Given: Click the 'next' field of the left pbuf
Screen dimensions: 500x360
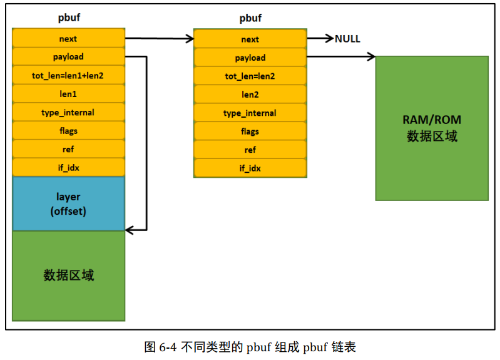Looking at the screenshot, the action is pyautogui.click(x=68, y=38).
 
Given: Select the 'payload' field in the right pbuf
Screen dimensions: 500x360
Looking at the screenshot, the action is pyautogui.click(x=250, y=58).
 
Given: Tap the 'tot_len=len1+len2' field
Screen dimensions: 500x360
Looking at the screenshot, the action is pyautogui.click(x=68, y=75).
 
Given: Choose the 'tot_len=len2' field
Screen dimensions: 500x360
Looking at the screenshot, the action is pyautogui.click(x=250, y=76).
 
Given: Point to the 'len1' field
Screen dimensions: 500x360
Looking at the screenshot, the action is pyautogui.click(x=68, y=94).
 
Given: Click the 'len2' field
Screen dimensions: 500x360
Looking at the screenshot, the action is pyautogui.click(x=250, y=95).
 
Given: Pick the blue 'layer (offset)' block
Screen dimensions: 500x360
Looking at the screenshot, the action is pyautogui.click(x=68, y=203).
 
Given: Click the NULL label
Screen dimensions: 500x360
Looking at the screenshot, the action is pyautogui.click(x=347, y=39).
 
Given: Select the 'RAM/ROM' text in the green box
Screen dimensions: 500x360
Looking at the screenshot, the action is pyautogui.click(x=432, y=120).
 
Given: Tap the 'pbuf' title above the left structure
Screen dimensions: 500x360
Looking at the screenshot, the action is pyautogui.click(x=69, y=18).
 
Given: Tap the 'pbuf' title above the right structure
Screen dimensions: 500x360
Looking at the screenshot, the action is pyautogui.click(x=250, y=18).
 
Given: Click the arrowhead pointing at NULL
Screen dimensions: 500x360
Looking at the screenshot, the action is pyautogui.click(x=330, y=38).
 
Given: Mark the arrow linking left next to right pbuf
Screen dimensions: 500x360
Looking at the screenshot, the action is pyautogui.click(x=160, y=39).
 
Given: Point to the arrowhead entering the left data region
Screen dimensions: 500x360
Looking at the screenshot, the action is pyautogui.click(x=129, y=230).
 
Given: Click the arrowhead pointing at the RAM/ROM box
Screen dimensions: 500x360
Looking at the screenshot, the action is pyautogui.click(x=372, y=56).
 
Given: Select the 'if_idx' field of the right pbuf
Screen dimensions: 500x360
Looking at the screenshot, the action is pyautogui.click(x=250, y=168).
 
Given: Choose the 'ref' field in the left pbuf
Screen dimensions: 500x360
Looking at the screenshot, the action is pyautogui.click(x=68, y=149).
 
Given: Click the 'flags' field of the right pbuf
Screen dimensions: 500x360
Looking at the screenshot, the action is pyautogui.click(x=250, y=131).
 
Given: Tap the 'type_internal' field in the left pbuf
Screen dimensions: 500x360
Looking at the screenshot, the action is pyautogui.click(x=68, y=112).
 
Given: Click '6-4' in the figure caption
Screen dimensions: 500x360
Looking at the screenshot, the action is pyautogui.click(x=168, y=347).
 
